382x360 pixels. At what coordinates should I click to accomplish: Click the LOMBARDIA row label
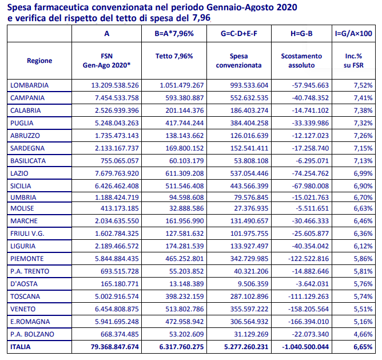coord(29,85)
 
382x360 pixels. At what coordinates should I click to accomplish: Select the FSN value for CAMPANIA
coord(117,98)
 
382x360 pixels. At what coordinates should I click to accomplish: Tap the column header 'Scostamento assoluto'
coord(301,61)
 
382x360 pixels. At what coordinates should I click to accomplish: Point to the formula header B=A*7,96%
coord(174,34)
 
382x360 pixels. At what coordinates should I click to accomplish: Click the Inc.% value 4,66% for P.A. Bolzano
coord(363,334)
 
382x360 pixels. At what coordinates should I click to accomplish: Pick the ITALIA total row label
coord(20,347)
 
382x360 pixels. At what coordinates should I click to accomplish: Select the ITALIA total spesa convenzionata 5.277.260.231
coord(246,347)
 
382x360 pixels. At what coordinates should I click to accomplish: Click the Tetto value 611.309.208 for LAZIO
coord(184,173)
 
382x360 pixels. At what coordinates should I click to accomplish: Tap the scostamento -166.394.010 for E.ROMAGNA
coord(308,322)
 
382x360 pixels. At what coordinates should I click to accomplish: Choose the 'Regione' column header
coord(39,61)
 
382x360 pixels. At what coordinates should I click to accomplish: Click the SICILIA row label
coord(21,186)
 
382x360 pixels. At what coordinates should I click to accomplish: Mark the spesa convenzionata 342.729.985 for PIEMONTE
coord(249,259)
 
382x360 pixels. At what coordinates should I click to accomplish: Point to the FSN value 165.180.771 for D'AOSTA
coord(120,284)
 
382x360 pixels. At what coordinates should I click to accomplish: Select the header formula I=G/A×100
coord(353,34)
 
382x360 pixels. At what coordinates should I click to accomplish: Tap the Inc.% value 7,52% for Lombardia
coord(363,85)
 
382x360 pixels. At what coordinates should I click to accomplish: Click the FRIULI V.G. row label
coord(27,234)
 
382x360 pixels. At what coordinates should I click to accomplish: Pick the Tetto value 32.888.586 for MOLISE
coord(186,208)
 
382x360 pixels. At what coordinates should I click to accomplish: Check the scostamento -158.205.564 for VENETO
coord(308,309)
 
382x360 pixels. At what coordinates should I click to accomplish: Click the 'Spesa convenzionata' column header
coord(239,61)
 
